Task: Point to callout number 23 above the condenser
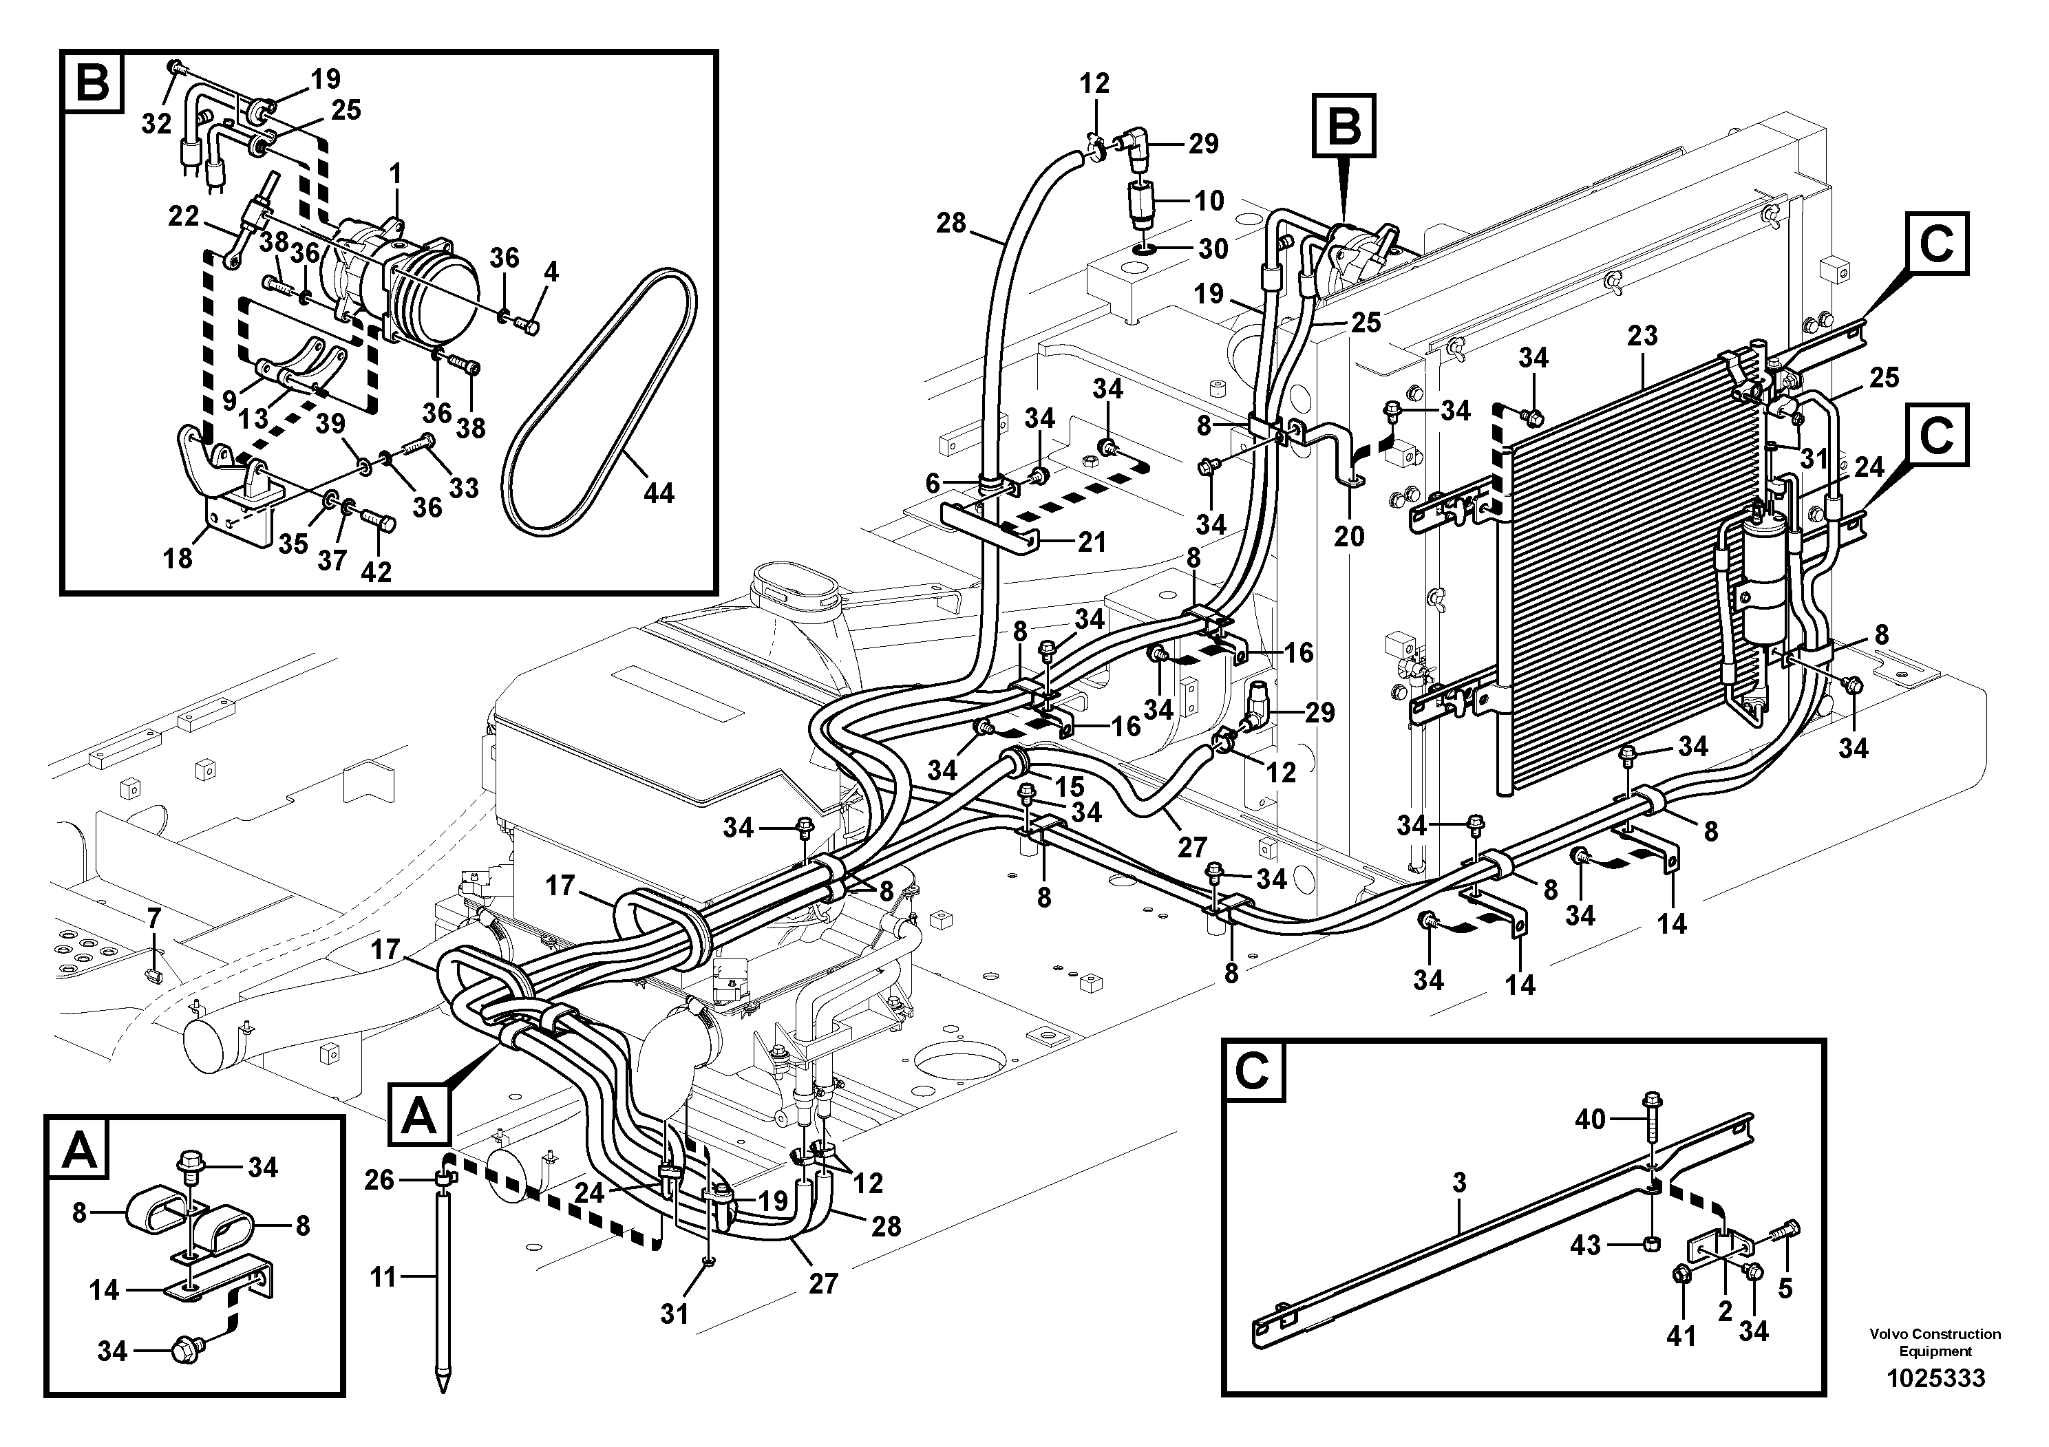point(1642,336)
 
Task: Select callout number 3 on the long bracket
point(1459,1183)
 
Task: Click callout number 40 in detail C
point(1591,1119)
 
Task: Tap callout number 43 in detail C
point(1585,1245)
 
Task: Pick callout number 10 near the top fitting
point(1209,201)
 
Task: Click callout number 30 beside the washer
point(1212,249)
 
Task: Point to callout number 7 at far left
point(153,917)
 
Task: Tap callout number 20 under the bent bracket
point(1349,536)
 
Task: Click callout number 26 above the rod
point(379,1180)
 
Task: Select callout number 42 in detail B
point(376,572)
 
